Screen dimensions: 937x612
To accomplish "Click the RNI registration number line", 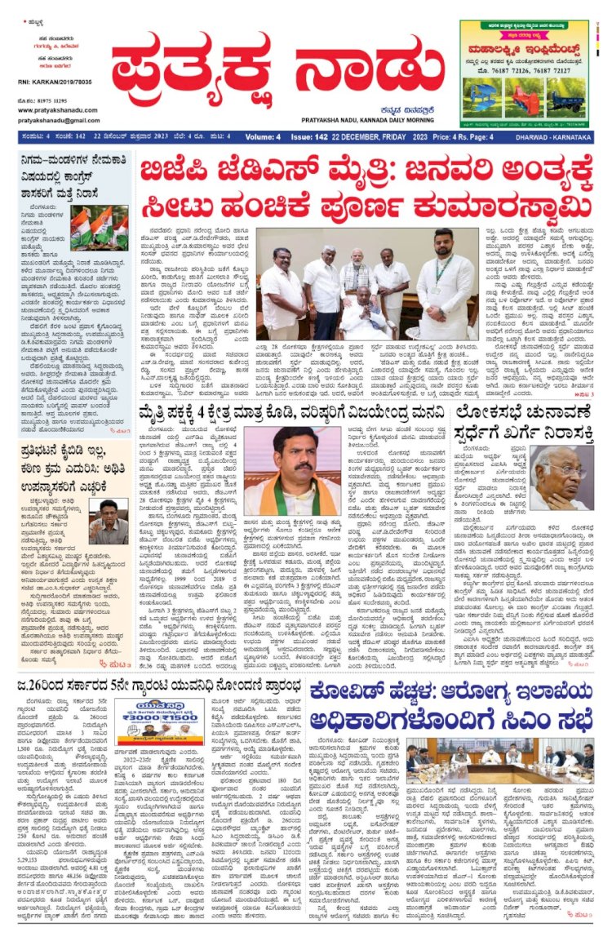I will [x=54, y=84].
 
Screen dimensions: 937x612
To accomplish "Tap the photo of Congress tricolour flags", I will [x=98, y=228].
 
